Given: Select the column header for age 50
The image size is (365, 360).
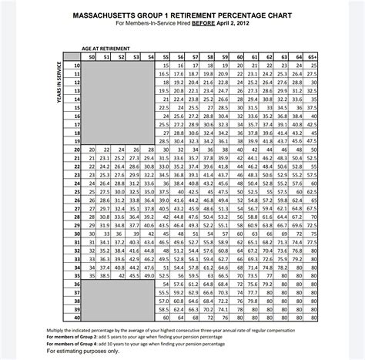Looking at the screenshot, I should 92,57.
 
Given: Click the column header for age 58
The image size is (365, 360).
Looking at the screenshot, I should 208,57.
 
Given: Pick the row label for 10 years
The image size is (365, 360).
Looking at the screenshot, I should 76,66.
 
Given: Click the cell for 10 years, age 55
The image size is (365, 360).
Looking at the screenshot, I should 165,66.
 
